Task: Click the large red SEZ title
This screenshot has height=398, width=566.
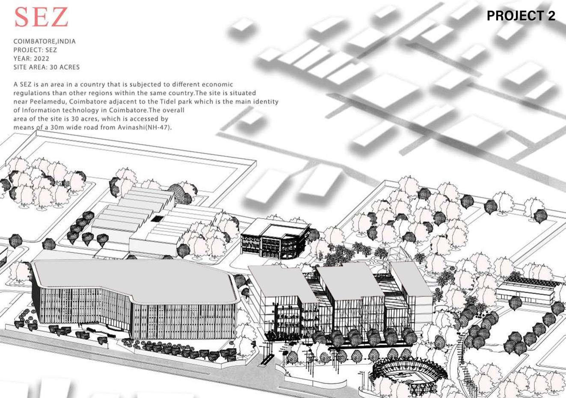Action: click(41, 18)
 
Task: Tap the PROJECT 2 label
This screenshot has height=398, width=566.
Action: click(521, 16)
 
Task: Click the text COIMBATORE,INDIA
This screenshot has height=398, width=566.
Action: click(44, 42)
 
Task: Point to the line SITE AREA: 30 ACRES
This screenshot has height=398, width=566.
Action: click(47, 67)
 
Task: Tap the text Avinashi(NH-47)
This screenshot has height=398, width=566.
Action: click(145, 127)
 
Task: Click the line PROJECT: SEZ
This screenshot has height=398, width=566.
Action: click(35, 50)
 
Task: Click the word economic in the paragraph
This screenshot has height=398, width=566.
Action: click(218, 84)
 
